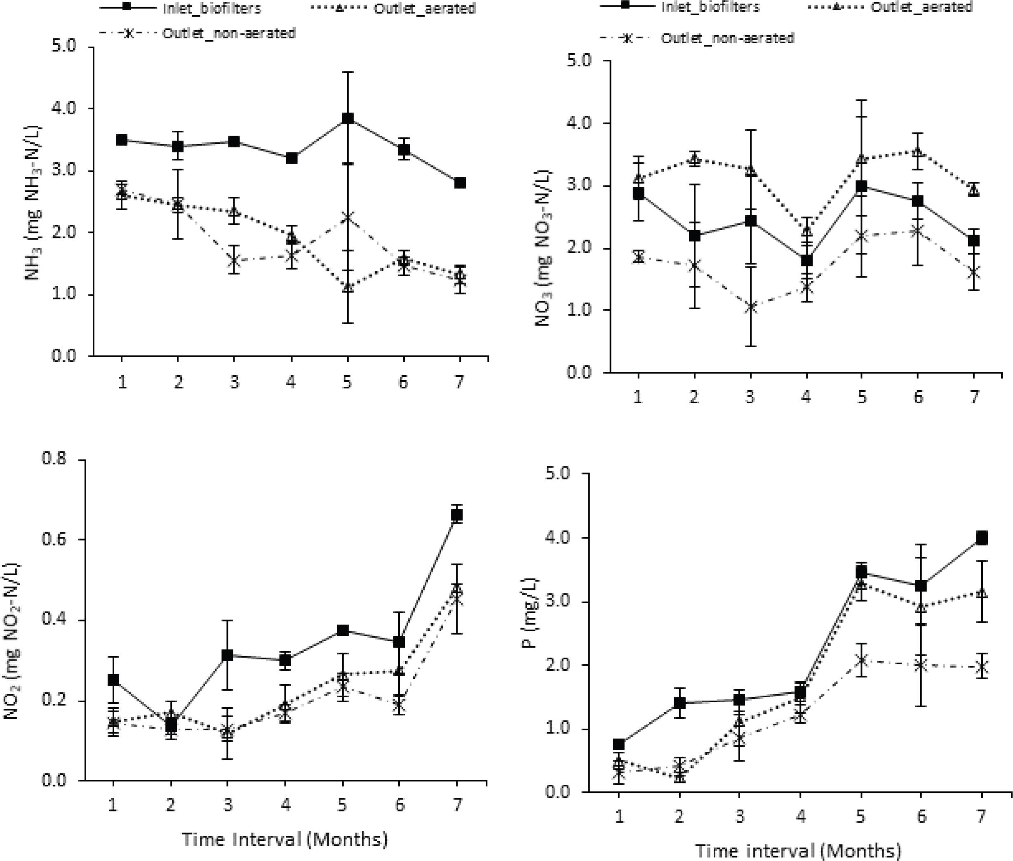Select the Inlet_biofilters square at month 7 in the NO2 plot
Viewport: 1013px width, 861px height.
457,515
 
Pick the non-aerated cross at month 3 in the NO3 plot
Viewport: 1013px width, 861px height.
750,307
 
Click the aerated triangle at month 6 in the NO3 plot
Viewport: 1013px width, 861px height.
918,151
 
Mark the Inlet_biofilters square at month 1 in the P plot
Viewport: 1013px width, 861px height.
619,744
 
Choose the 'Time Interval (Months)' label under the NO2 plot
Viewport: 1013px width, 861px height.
285,839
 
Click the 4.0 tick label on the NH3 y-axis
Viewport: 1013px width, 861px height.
65,108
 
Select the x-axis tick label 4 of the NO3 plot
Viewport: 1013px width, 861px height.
806,397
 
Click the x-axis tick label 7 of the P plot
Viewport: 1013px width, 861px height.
982,816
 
